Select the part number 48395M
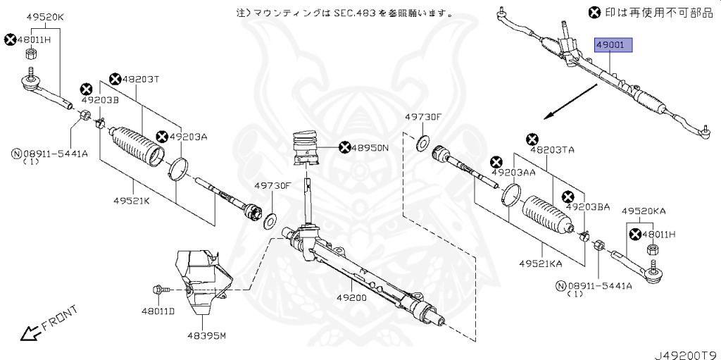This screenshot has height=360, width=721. click(x=206, y=336)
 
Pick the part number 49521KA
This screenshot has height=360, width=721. click(x=541, y=263)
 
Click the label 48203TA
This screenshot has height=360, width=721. click(x=552, y=150)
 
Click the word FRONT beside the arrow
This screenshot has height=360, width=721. click(x=59, y=318)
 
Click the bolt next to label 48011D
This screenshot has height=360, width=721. click(x=158, y=290)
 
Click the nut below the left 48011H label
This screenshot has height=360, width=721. click(x=31, y=54)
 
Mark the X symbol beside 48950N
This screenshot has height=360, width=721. click(x=344, y=147)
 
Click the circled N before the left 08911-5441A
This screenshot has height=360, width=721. click(x=15, y=153)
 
